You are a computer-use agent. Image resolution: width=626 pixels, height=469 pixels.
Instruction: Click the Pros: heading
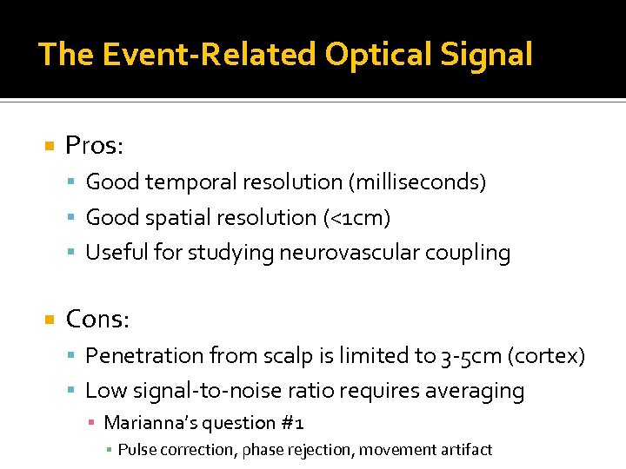point(95,145)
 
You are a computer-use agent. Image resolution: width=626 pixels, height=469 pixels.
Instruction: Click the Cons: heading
point(97,320)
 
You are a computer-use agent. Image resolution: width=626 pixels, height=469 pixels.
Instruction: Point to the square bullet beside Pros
point(49,146)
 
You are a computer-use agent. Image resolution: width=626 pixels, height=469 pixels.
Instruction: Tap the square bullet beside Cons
point(49,320)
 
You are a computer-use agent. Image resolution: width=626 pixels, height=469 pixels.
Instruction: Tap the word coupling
point(467,254)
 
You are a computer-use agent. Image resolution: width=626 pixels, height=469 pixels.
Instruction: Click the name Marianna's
point(148,423)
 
